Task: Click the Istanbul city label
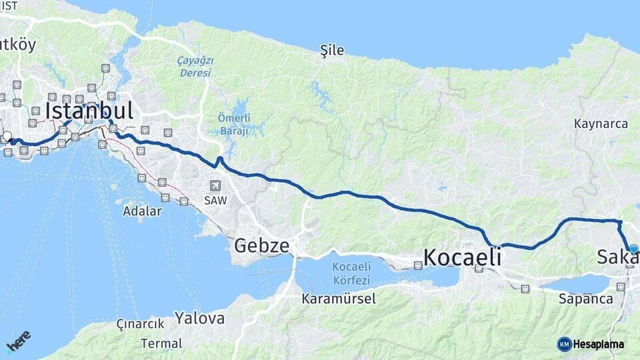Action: (x=89, y=111)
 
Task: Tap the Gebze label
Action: (x=261, y=246)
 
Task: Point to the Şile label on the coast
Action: (x=332, y=50)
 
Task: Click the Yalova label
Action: (x=199, y=318)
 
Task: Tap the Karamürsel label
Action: (x=339, y=298)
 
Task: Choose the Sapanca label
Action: (x=586, y=299)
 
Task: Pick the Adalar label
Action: (x=142, y=211)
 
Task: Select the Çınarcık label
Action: (x=140, y=323)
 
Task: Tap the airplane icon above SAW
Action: (x=214, y=186)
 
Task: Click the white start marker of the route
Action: (x=7, y=137)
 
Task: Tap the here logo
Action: (x=19, y=341)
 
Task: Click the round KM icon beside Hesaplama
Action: (x=565, y=344)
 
